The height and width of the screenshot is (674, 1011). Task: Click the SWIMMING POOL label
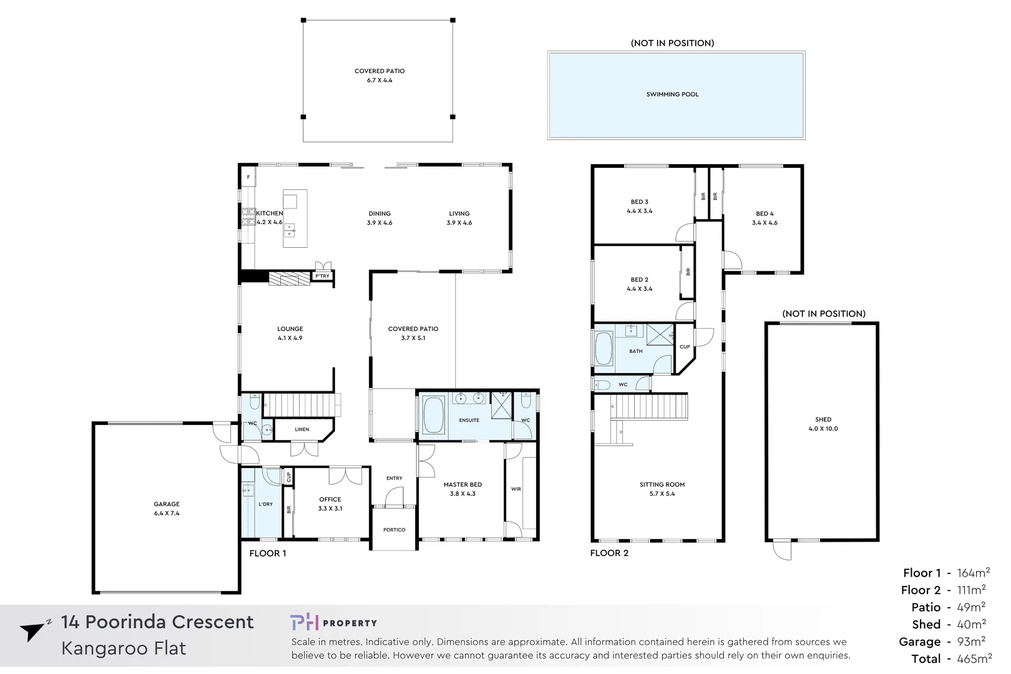pyautogui.click(x=672, y=94)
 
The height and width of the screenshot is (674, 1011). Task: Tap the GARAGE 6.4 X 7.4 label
pyautogui.click(x=167, y=508)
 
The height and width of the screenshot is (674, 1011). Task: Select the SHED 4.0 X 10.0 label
pyautogui.click(x=823, y=424)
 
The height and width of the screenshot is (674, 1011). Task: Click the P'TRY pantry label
pyautogui.click(x=322, y=276)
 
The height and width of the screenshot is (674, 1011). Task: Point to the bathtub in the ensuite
pyautogui.click(x=433, y=415)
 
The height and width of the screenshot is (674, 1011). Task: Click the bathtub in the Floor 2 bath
pyautogui.click(x=603, y=348)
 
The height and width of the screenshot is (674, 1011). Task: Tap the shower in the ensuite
pyautogui.click(x=501, y=405)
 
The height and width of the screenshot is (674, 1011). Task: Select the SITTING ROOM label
pyautogui.click(x=662, y=489)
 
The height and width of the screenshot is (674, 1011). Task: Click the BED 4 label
pyautogui.click(x=764, y=218)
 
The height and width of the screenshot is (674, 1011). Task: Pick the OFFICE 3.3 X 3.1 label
pyautogui.click(x=330, y=504)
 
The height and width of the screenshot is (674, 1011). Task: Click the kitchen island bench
pyautogui.click(x=295, y=218)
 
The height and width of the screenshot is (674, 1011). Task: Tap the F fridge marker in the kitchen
pyautogui.click(x=248, y=177)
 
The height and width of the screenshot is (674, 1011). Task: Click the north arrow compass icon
pyautogui.click(x=32, y=631)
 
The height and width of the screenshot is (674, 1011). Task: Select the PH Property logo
pyautogui.click(x=333, y=622)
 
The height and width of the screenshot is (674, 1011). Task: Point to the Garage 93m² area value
pyautogui.click(x=971, y=642)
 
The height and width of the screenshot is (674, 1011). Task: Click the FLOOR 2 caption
pyautogui.click(x=609, y=553)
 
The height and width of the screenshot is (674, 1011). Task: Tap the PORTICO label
pyautogui.click(x=394, y=530)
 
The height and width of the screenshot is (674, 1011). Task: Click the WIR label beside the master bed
pyautogui.click(x=515, y=489)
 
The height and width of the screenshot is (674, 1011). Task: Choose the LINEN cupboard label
pyautogui.click(x=302, y=429)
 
